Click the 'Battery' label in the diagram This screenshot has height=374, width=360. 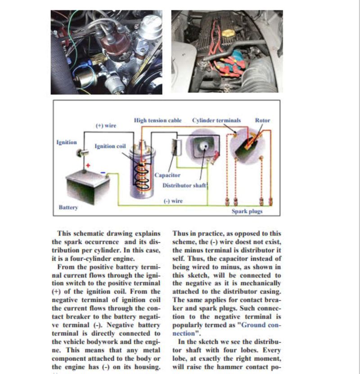coord(68,208)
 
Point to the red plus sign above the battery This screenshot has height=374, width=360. coord(88,166)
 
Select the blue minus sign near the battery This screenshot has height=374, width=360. coord(103,172)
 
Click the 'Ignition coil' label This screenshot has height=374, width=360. coord(110,146)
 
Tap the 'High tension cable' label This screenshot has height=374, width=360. coord(158,120)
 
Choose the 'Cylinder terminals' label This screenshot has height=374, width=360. coord(216,120)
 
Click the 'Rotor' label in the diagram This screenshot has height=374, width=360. coord(262,120)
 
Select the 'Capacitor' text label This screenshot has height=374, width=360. coord(167,175)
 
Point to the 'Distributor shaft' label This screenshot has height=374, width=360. coord(184,185)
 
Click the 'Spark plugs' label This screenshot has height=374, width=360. coord(247,211)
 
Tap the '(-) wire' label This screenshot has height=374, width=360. coord(173,201)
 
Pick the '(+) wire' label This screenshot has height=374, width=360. coord(106,126)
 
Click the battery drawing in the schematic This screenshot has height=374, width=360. coord(87,185)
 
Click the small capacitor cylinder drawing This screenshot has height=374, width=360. coord(176,147)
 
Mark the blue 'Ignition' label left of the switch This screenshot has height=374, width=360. coord(67,142)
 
